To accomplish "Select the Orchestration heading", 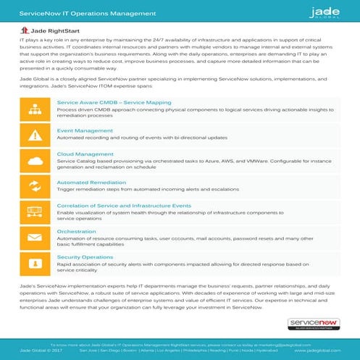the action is pos(76,231).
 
